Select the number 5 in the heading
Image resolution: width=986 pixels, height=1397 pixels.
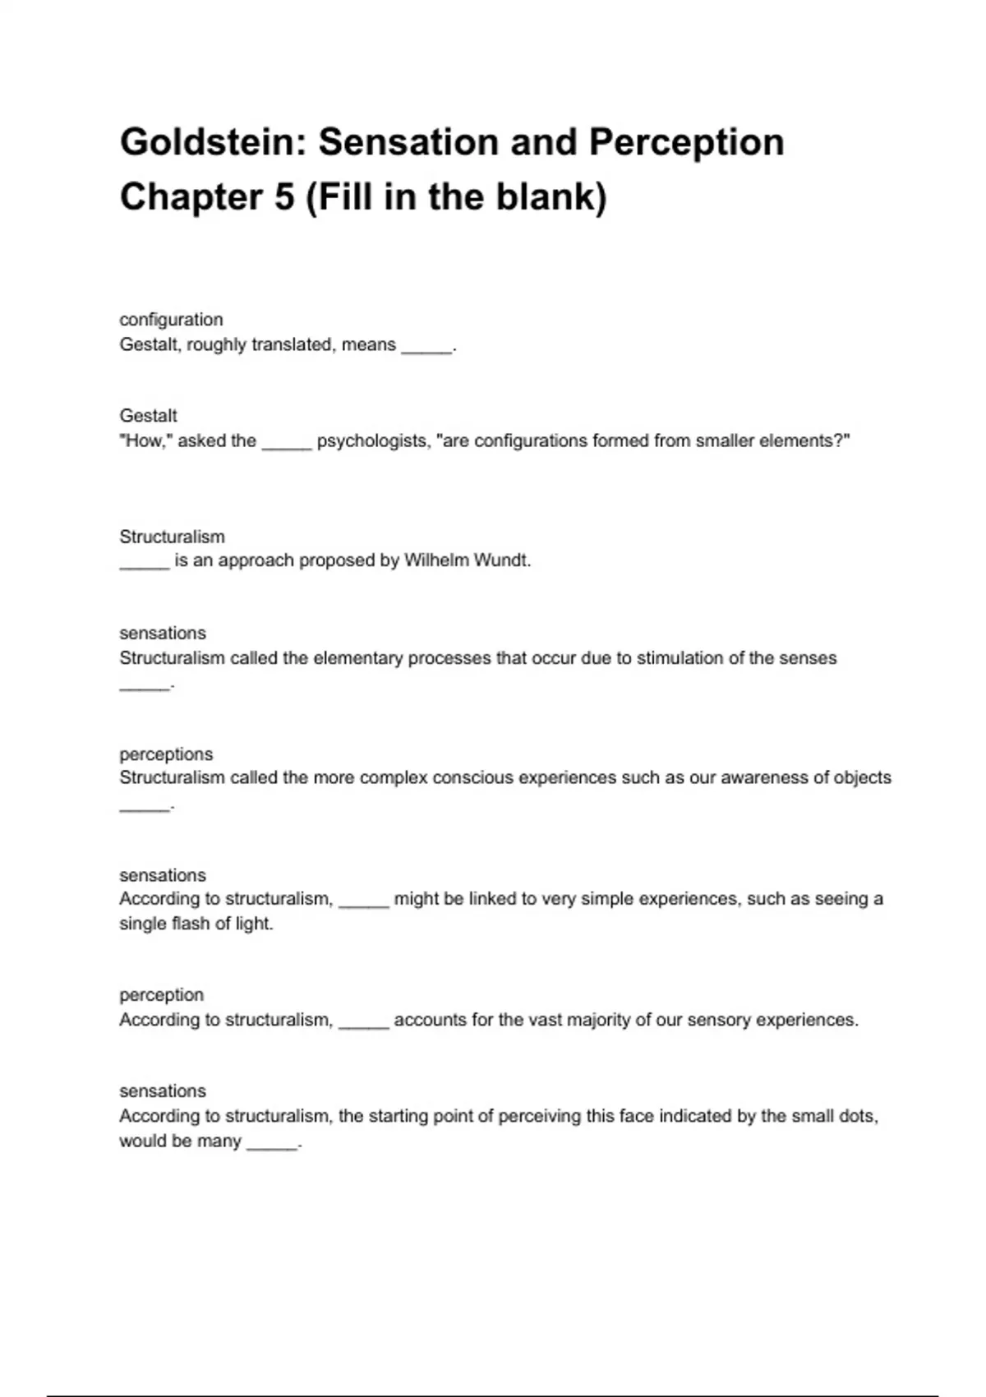pyautogui.click(x=284, y=197)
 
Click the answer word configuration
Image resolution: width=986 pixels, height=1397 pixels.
pyautogui.click(x=171, y=320)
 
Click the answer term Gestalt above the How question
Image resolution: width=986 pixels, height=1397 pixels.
pyautogui.click(x=148, y=416)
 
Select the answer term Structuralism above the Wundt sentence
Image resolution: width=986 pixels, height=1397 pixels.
pyautogui.click(x=172, y=537)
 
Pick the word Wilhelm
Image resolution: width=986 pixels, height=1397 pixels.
pyautogui.click(x=434, y=560)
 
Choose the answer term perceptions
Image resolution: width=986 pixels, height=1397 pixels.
pyautogui.click(x=166, y=754)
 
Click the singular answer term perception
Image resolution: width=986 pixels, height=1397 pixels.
pyautogui.click(x=161, y=995)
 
